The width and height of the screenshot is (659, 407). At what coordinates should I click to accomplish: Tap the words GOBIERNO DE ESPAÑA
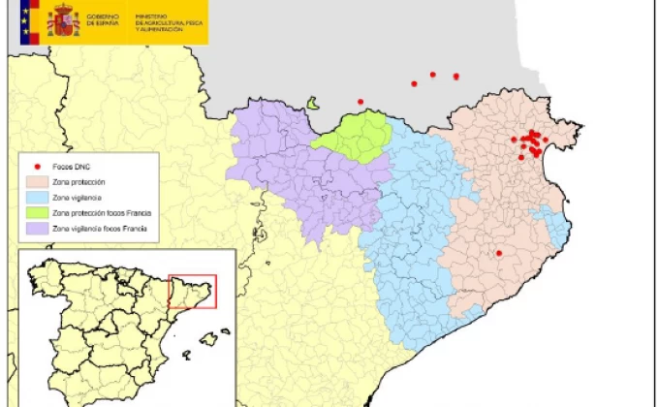(x=104, y=20)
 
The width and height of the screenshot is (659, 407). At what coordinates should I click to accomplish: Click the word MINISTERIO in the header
(x=152, y=16)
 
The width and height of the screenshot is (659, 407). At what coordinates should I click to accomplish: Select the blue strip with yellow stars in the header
(x=26, y=21)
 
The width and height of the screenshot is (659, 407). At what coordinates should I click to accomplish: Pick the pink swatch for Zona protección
(x=36, y=182)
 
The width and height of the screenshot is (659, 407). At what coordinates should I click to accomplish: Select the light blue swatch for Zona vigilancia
(x=36, y=197)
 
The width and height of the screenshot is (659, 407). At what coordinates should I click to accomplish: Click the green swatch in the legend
(x=36, y=211)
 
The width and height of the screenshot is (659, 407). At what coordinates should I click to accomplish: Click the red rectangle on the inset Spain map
(x=192, y=291)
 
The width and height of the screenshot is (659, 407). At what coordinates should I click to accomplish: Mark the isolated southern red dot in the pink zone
(x=499, y=253)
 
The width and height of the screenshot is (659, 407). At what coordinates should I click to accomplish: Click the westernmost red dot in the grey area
(x=361, y=101)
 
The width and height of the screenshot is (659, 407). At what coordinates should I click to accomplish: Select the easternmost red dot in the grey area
(x=456, y=76)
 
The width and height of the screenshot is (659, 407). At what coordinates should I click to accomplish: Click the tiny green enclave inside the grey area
(x=313, y=103)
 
